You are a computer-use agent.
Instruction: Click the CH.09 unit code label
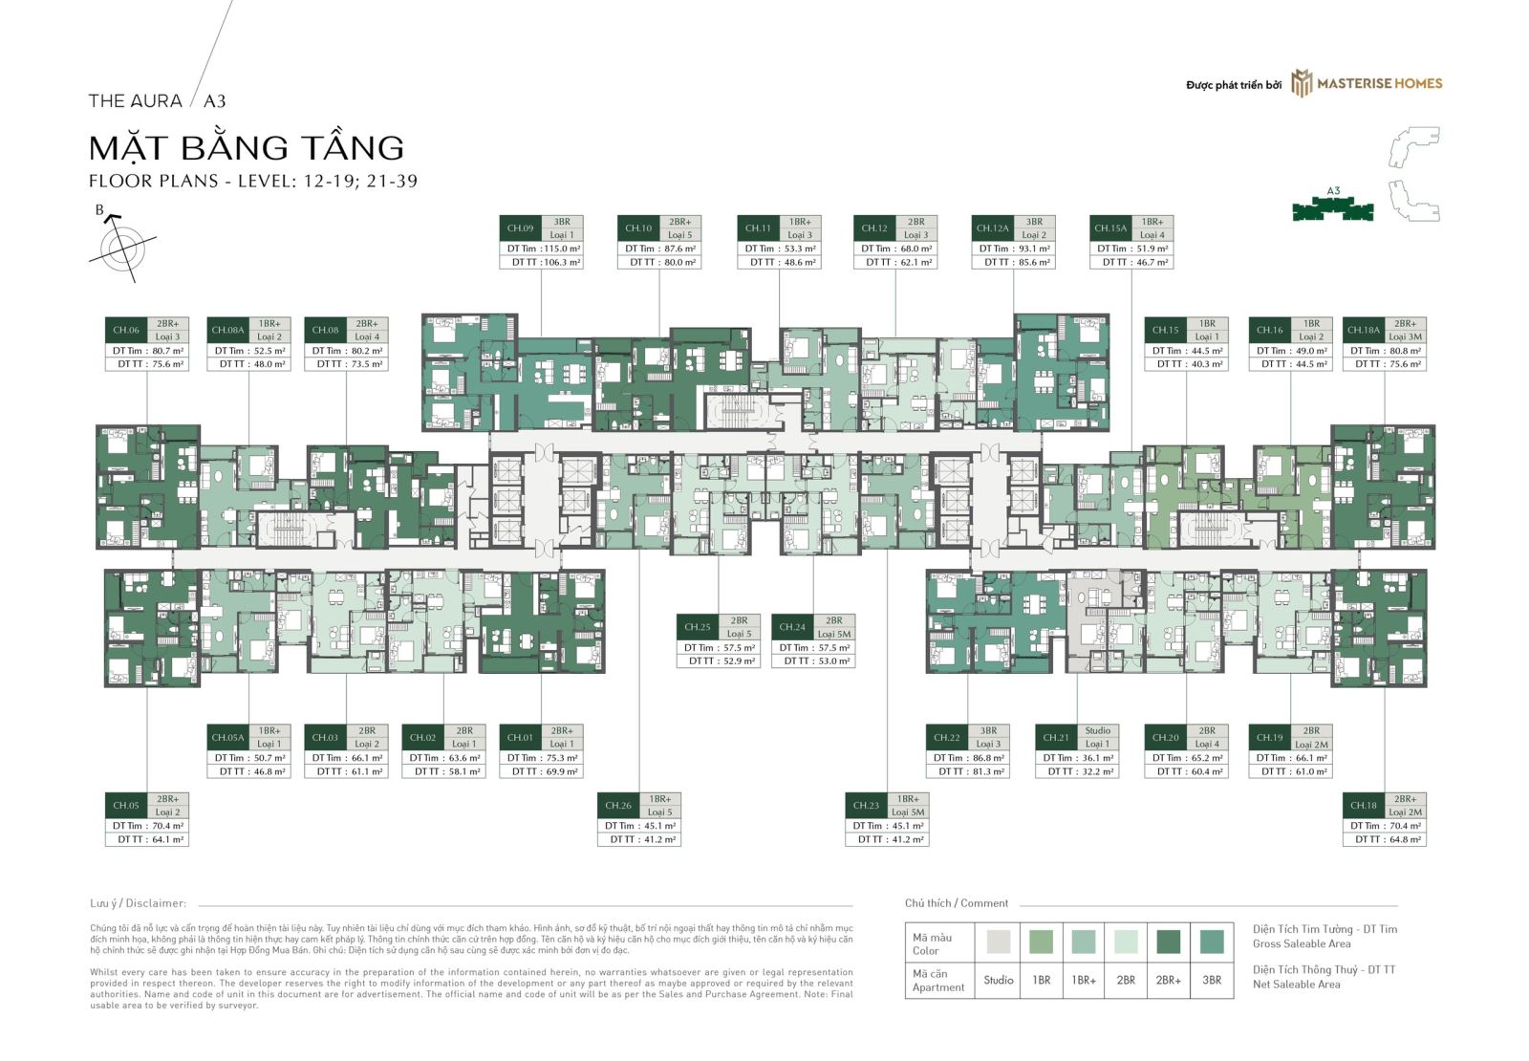tap(520, 228)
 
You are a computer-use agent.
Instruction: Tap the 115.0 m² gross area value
tap(562, 249)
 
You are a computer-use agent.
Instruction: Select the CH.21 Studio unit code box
tap(1056, 737)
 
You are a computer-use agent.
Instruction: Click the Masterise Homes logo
tap(1367, 83)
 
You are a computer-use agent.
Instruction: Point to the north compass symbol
tap(121, 246)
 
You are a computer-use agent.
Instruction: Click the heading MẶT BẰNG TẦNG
tap(247, 147)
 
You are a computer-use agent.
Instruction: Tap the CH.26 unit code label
tap(618, 805)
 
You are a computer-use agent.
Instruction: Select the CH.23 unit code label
tap(866, 805)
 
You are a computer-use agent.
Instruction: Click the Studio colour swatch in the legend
tap(998, 942)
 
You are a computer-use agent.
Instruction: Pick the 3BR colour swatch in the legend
tap(1212, 942)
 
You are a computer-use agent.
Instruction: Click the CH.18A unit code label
tap(1363, 330)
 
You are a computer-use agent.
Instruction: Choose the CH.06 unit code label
tap(125, 330)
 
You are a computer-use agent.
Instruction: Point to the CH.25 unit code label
tap(698, 627)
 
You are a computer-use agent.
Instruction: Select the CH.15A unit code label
tap(1110, 228)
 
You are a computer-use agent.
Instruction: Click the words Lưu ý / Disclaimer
tap(139, 903)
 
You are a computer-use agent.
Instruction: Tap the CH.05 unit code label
tap(125, 805)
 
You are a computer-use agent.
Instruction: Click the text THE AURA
tap(135, 100)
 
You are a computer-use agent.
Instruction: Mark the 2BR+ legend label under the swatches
tap(1168, 980)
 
